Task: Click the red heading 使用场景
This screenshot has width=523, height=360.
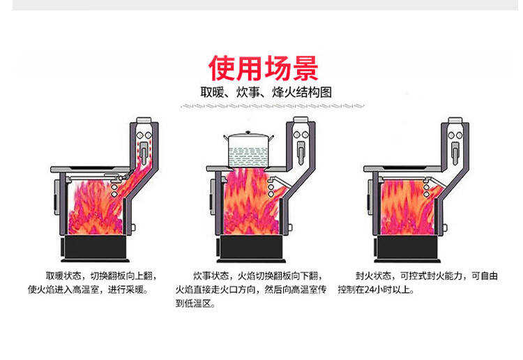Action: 264,68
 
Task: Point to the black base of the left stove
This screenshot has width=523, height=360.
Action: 93,246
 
